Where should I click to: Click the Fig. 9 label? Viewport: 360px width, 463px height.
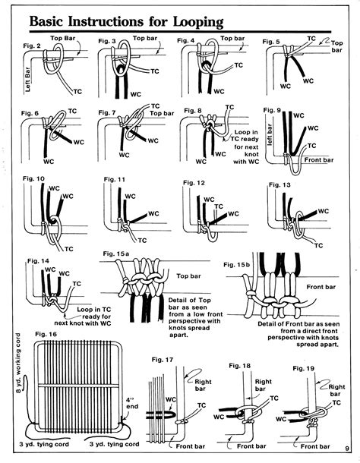272,111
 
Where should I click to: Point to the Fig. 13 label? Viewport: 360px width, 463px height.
279,184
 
